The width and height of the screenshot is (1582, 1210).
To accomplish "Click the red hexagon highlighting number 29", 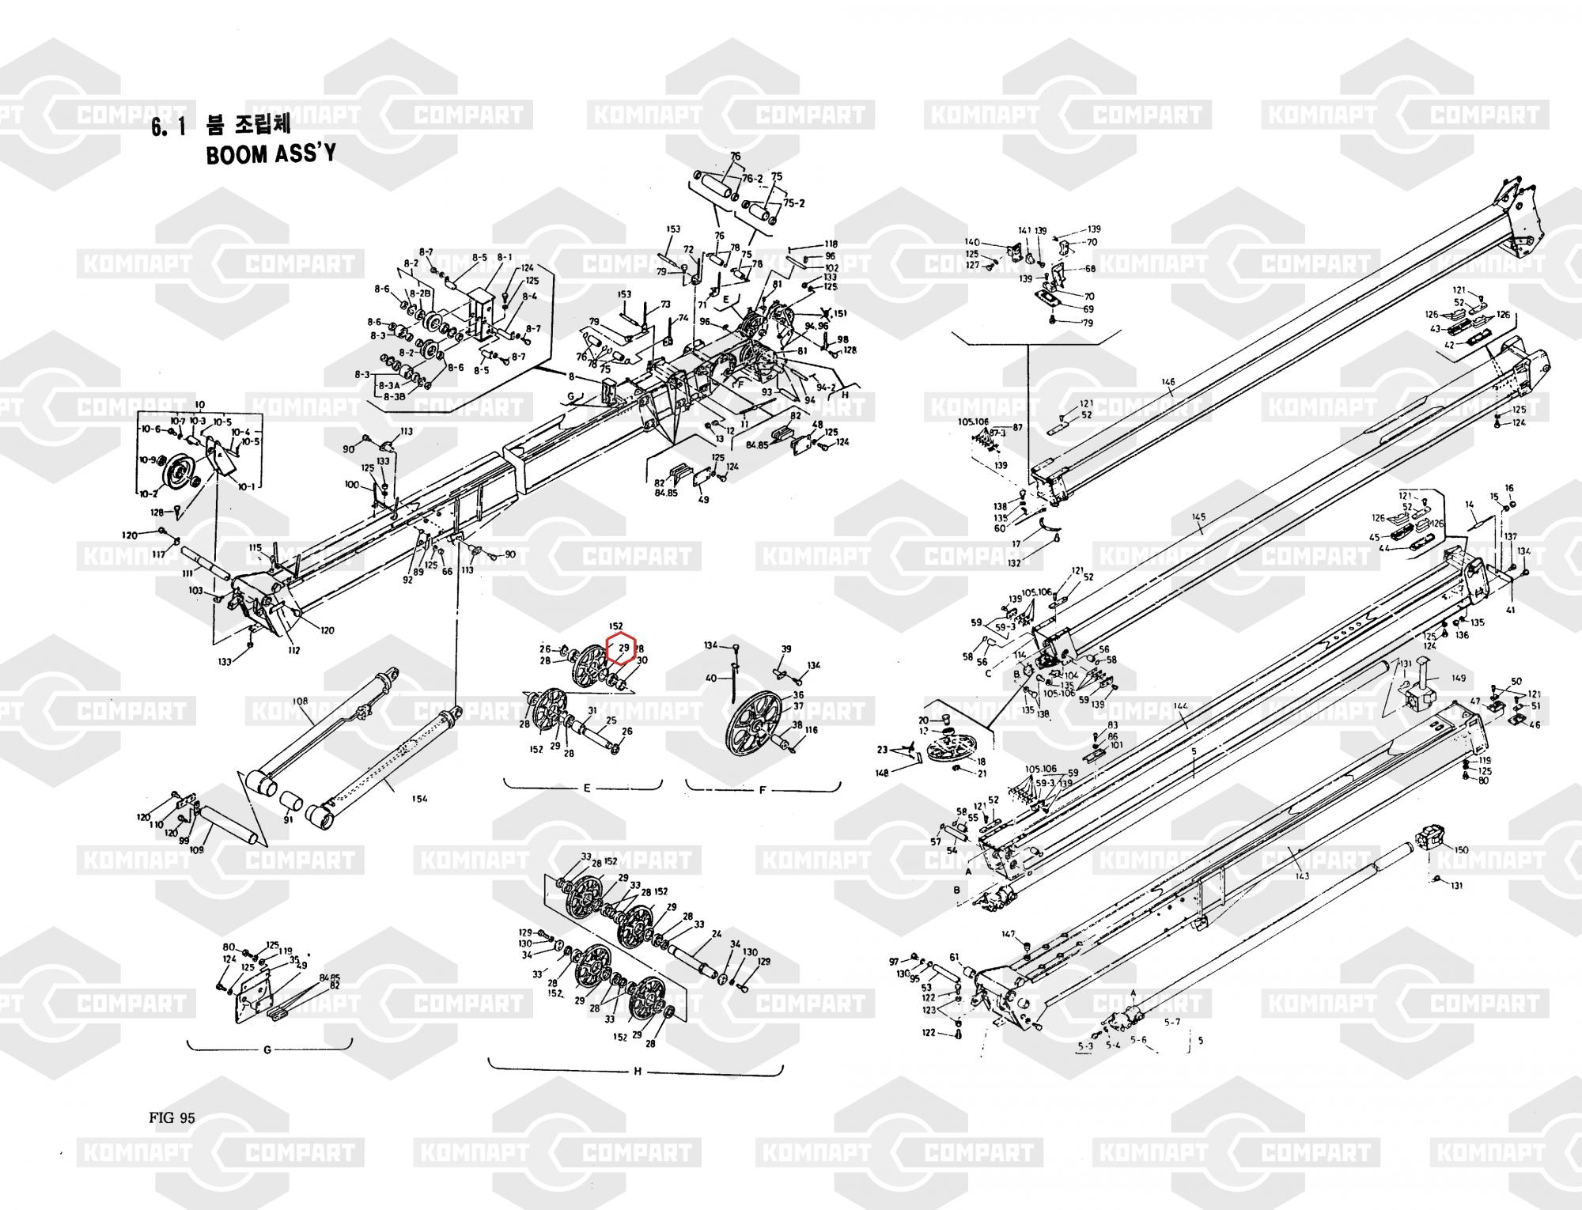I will [x=621, y=648].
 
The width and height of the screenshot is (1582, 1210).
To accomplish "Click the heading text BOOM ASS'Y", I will [x=270, y=153].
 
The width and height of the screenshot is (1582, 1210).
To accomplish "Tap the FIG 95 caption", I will [x=171, y=1117].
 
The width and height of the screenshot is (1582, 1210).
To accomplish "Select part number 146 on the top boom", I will [x=1168, y=383].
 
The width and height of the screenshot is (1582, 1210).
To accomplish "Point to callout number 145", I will [x=1199, y=517].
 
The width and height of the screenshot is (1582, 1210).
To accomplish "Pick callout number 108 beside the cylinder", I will [x=300, y=701].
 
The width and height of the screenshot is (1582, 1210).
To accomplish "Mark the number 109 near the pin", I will [x=197, y=849].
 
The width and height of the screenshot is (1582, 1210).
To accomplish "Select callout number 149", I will [x=1459, y=678].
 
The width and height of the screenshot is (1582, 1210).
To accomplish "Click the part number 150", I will [x=1461, y=850].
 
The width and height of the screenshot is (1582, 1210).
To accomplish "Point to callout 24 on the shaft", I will [x=716, y=934].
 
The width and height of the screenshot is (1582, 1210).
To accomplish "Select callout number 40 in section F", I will [x=710, y=679].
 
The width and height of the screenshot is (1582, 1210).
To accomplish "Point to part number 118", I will [x=831, y=244].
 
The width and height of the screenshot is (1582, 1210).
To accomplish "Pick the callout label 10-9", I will [x=147, y=459].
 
